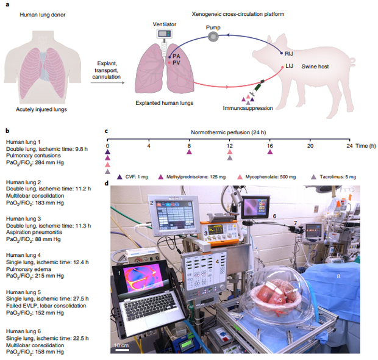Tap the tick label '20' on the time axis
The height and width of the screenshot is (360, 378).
coord(310,145)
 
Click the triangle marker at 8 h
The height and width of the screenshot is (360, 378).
coord(190,153)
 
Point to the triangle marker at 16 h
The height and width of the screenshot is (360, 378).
coord(269,153)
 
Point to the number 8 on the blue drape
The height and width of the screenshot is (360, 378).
coord(340,276)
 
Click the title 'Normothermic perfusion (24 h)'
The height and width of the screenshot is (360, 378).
coord(229,131)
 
